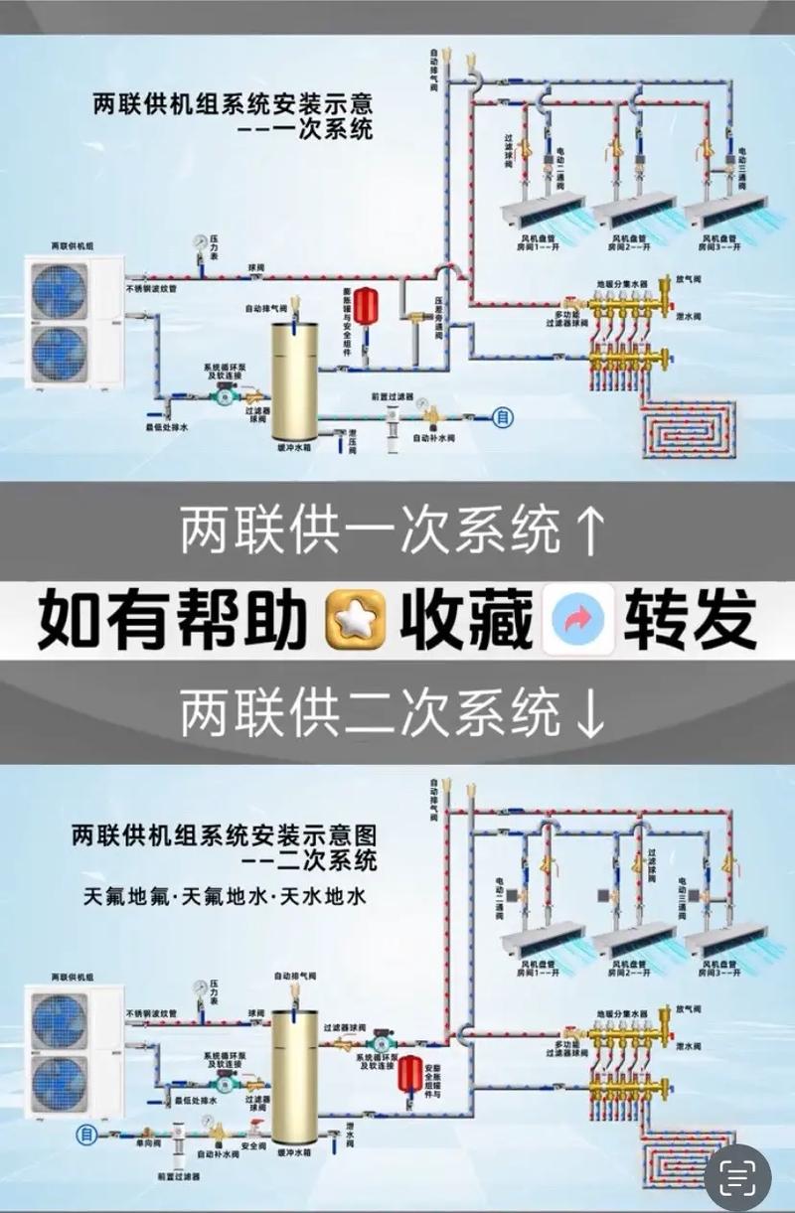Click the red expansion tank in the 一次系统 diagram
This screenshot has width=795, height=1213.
[365, 301]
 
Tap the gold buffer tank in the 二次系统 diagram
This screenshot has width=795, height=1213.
[295, 1078]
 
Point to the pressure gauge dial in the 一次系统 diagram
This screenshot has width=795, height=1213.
[203, 240]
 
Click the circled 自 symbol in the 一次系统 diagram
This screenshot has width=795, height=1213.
[504, 417]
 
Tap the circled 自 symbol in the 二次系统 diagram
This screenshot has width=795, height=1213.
[86, 1134]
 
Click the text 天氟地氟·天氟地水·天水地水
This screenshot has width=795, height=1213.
[226, 897]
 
